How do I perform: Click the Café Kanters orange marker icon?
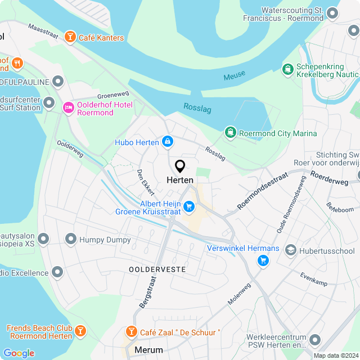(70, 38)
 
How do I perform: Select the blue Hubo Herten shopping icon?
(167, 142)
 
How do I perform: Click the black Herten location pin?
(180, 166)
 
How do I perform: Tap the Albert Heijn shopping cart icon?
(190, 207)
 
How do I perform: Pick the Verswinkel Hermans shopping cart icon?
(263, 260)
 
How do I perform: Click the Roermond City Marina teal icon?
(230, 133)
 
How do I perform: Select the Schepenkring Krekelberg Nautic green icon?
(287, 69)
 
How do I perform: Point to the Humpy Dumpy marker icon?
(70, 240)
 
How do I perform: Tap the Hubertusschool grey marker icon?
(291, 250)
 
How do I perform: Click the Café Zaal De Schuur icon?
(131, 332)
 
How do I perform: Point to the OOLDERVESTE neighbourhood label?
(157, 269)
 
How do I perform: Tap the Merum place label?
(149, 350)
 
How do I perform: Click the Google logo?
(19, 353)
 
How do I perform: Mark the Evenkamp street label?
(314, 280)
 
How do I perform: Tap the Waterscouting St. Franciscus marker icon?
(334, 13)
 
